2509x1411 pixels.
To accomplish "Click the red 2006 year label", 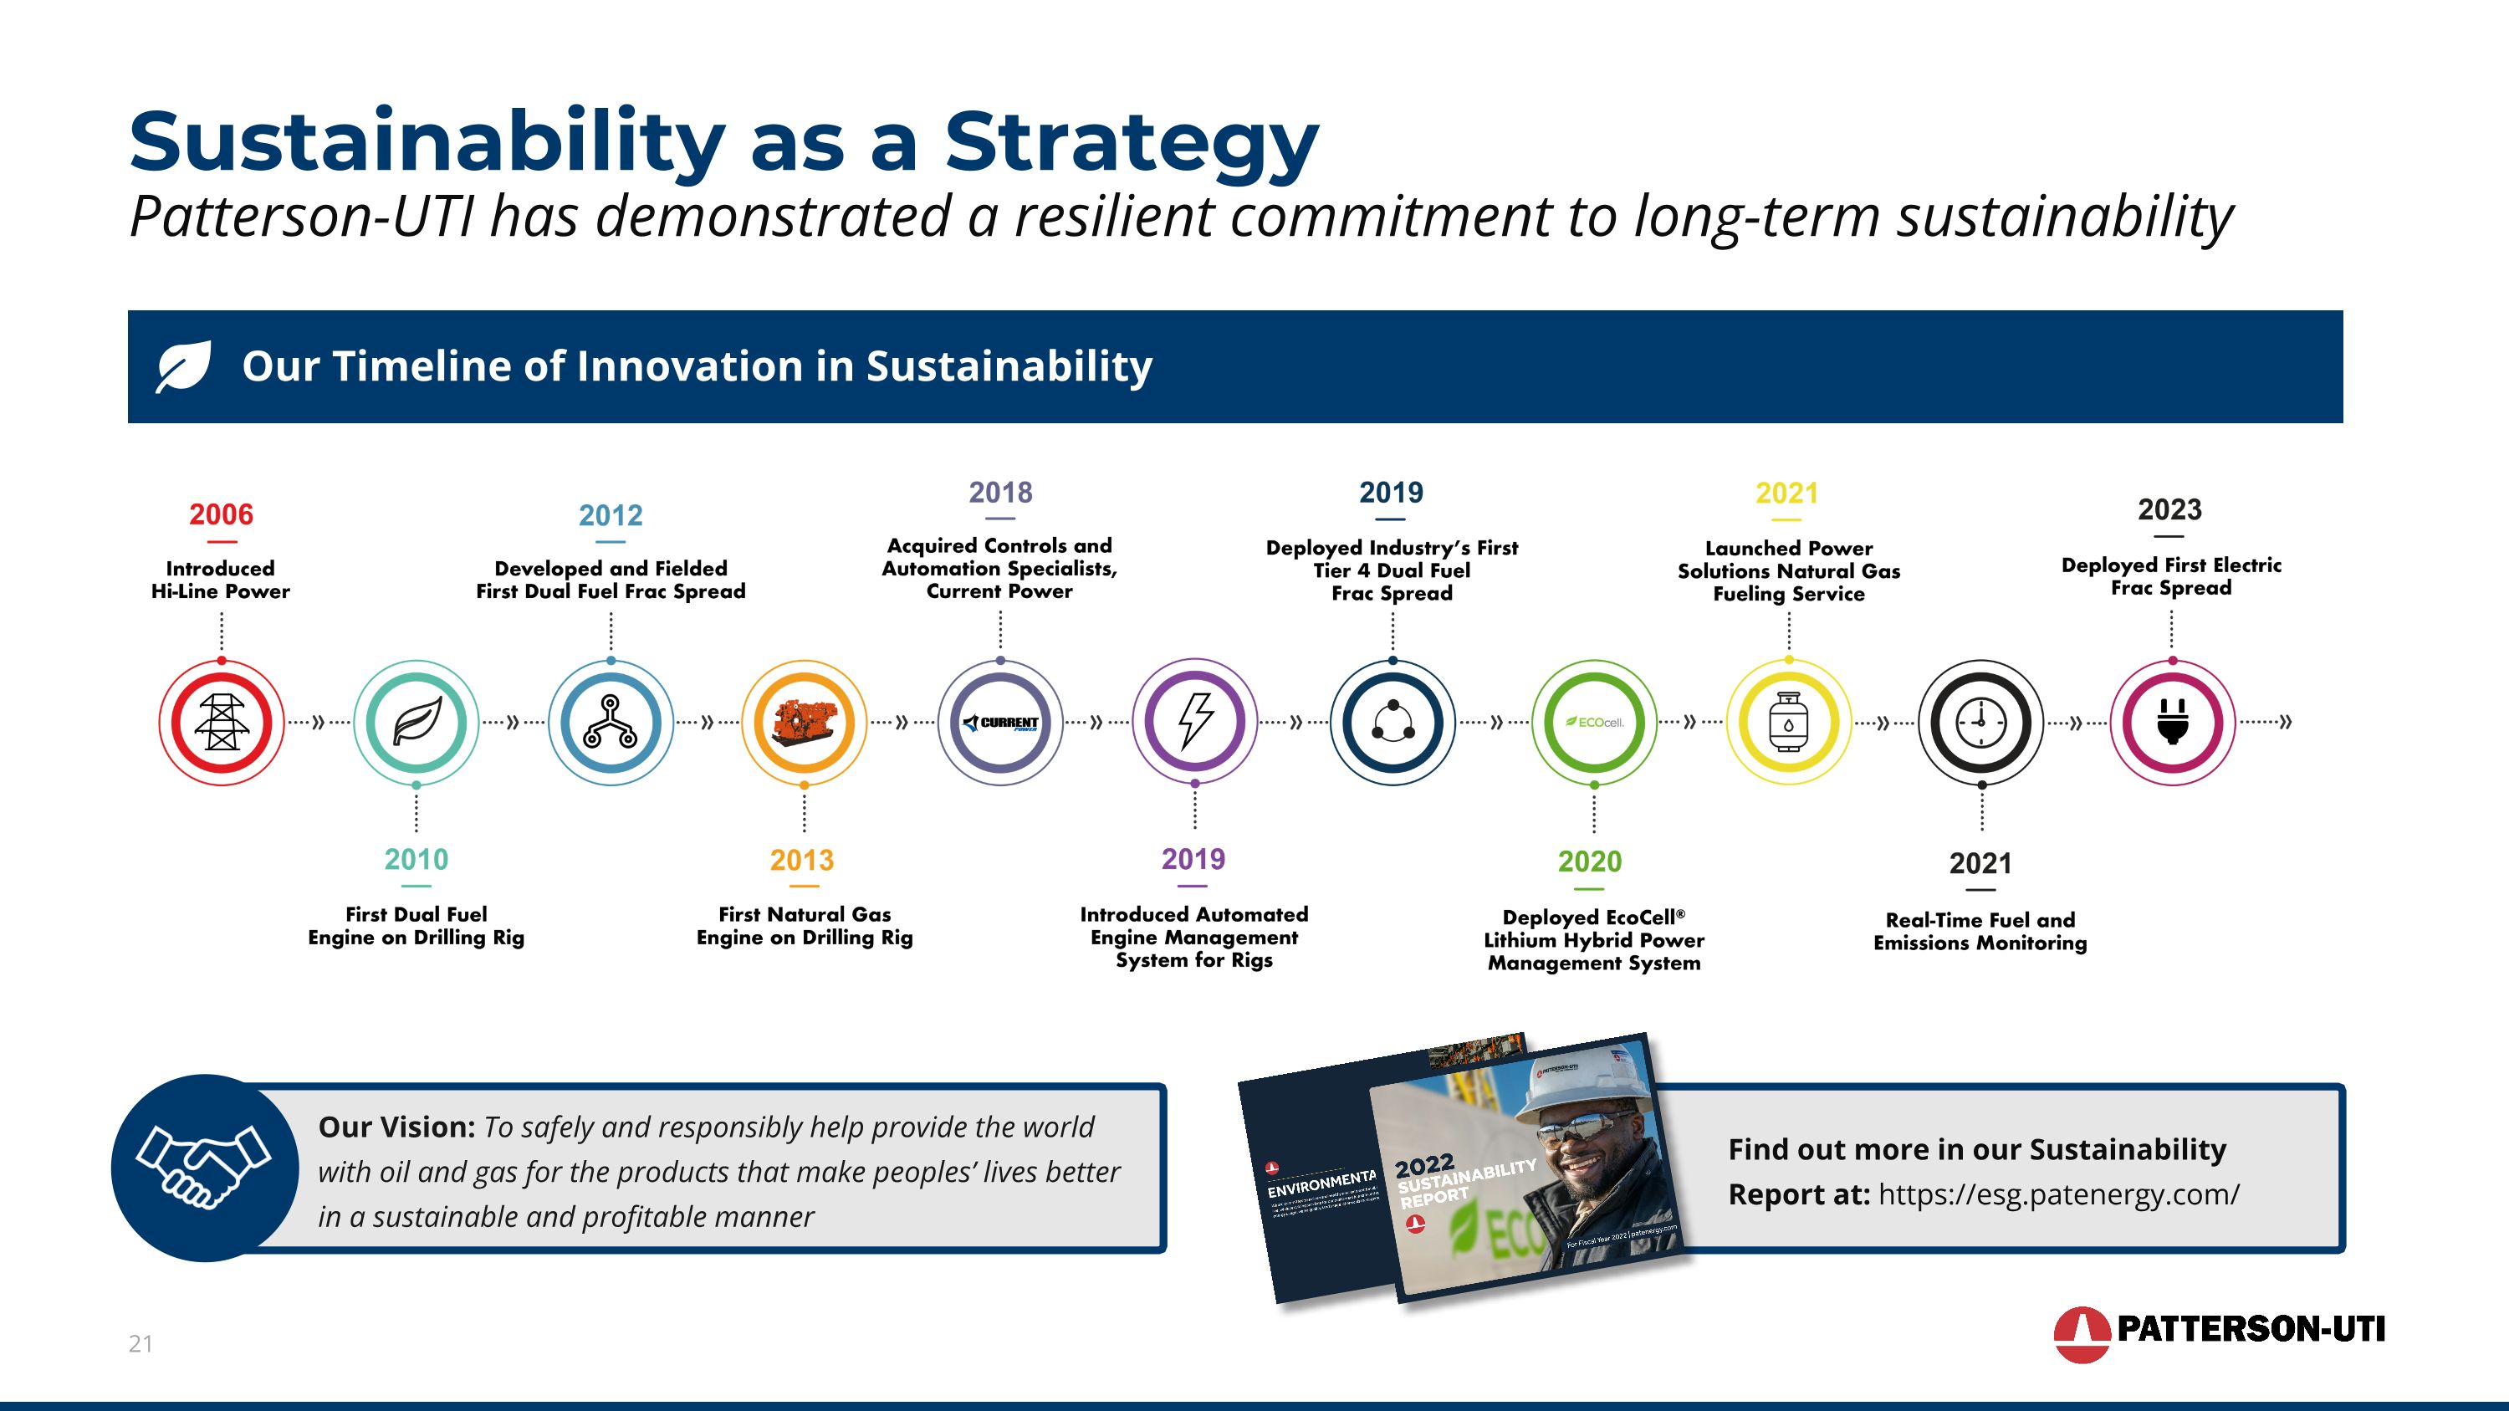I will pos(221,514).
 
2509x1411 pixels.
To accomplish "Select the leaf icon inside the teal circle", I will pos(416,723).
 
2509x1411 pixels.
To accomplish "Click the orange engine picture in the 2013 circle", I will pos(805,722).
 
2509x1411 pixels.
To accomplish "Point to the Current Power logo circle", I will pos(1000,723).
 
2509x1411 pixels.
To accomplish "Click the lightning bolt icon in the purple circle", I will pos(1195,722).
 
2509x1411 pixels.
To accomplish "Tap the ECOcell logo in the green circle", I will pos(1594,723).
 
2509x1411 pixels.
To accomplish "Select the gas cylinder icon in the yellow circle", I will pos(1788,723).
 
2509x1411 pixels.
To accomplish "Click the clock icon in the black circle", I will pos(1981,723).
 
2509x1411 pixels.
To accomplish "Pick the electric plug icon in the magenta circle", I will pos(2172,723).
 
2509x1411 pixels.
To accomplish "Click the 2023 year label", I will pos(2170,509).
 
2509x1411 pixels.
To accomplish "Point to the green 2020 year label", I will pos(1590,861).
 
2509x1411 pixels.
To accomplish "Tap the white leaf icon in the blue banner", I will pos(184,366).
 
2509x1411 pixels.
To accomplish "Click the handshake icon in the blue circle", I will pos(203,1167).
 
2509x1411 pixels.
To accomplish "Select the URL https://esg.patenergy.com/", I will pos(2059,1194).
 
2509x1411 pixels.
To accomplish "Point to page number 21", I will pos(141,1344).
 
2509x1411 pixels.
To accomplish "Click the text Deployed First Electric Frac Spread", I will pos(2171,576).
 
